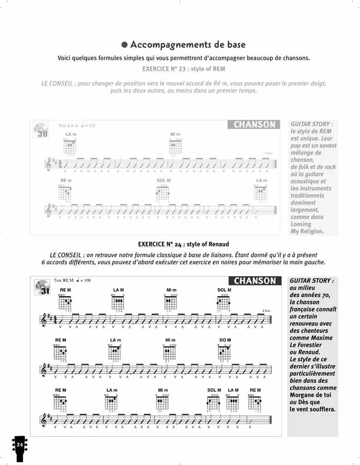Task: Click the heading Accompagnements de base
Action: pyautogui.click(x=188, y=45)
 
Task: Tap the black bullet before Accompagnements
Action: pyautogui.click(x=124, y=45)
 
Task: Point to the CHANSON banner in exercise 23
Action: pyautogui.click(x=254, y=124)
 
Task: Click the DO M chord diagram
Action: pyautogui.click(x=224, y=352)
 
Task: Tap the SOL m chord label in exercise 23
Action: pyautogui.click(x=164, y=181)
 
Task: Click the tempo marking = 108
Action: pyautogui.click(x=83, y=280)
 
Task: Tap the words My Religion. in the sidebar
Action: pyautogui.click(x=307, y=231)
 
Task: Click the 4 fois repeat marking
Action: pyautogui.click(x=266, y=311)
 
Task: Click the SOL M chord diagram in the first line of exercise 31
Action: pyautogui.click(x=224, y=301)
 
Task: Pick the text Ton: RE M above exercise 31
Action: pyautogui.click(x=64, y=280)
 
